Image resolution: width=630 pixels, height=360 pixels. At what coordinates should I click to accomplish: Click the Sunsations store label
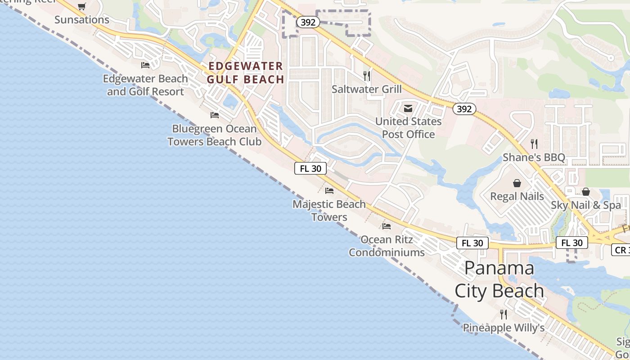coord(82,20)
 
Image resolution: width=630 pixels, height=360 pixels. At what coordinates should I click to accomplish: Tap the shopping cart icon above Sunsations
coord(81,6)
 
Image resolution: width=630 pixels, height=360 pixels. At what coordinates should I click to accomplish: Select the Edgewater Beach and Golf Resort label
coord(145,85)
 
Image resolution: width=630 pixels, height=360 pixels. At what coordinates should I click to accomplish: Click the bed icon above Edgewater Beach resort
coord(145,65)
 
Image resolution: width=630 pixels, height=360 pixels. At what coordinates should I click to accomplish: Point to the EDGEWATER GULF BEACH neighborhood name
coord(246,73)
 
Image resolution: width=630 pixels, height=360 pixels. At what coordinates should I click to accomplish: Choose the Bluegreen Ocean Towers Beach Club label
coord(214,135)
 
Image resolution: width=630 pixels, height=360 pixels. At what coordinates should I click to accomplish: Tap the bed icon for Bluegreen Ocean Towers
coord(215,115)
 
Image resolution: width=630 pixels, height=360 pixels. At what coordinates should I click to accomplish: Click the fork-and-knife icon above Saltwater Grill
coord(367,76)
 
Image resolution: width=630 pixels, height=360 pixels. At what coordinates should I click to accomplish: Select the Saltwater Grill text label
coord(367,89)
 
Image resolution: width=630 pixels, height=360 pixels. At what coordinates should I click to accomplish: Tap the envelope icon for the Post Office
coord(408,108)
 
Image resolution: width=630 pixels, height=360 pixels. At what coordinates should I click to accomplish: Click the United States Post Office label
coord(408,128)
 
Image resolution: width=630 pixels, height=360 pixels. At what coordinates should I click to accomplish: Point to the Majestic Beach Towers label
coord(329,211)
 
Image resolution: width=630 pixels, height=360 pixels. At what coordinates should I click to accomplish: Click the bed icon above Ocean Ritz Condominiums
coord(387,226)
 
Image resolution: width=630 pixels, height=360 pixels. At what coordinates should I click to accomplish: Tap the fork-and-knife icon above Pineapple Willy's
coord(504,314)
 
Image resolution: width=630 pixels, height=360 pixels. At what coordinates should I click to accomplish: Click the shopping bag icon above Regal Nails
coord(517,183)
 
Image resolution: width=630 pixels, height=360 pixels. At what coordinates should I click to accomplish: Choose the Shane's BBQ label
coord(534,157)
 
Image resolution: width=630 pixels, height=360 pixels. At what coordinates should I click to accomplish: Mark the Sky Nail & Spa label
coord(586,205)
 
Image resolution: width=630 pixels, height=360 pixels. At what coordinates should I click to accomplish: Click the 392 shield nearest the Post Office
coord(464,108)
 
